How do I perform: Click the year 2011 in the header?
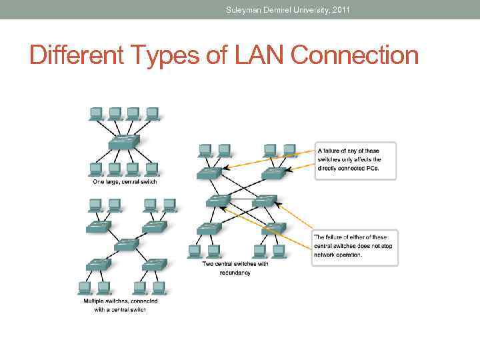click(339, 9)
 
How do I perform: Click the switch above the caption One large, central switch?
click(124, 143)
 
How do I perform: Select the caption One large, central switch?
click(124, 181)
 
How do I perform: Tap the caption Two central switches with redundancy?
click(236, 268)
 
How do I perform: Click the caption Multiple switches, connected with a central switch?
click(121, 305)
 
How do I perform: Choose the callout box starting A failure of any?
click(355, 160)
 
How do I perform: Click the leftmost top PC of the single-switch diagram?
click(96, 113)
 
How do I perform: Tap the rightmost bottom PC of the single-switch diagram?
click(152, 169)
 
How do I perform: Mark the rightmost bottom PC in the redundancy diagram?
click(278, 251)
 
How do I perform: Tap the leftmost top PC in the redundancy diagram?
click(205, 150)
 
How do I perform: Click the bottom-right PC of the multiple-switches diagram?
click(158, 287)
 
